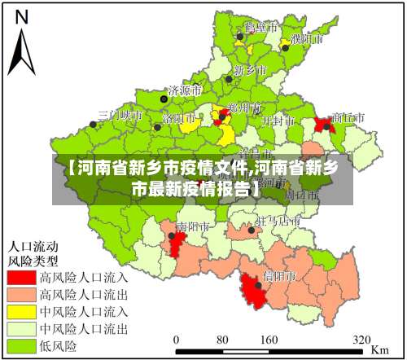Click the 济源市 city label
(188, 90)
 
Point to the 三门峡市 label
(120, 116)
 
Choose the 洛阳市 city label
(178, 117)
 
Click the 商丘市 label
(348, 117)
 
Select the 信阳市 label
(279, 277)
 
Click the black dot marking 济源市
(164, 98)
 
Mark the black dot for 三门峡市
(94, 125)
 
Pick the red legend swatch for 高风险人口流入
(21, 277)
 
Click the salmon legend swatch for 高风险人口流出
(21, 294)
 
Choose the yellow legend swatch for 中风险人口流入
(21, 311)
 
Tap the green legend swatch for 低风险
(21, 346)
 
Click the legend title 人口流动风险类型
(33, 252)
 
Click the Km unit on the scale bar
(379, 348)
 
